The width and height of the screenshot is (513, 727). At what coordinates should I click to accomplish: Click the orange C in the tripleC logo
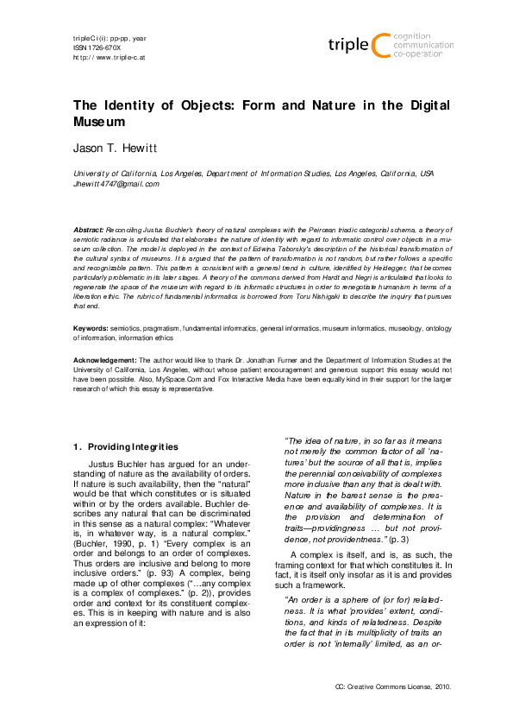378,45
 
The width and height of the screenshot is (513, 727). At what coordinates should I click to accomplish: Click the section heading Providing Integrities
130,446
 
